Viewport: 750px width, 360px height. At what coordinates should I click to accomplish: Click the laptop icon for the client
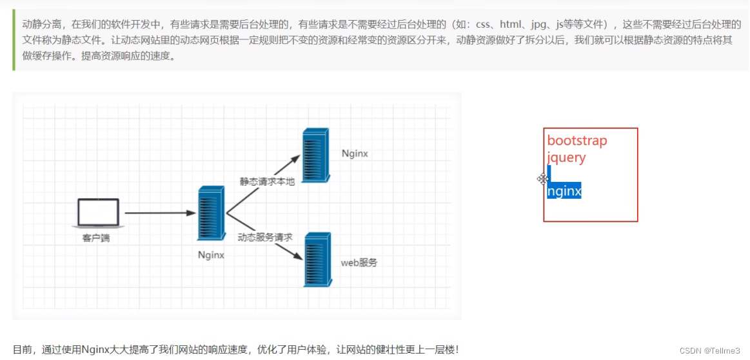[98, 213]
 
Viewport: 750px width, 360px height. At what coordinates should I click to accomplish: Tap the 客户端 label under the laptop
[96, 238]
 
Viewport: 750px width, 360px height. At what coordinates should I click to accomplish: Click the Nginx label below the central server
[211, 255]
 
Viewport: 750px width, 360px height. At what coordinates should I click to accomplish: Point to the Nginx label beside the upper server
[355, 154]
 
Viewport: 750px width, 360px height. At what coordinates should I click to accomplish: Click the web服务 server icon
[318, 259]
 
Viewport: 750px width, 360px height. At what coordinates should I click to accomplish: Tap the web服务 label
[359, 263]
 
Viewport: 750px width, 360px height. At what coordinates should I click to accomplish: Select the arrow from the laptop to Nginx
[160, 212]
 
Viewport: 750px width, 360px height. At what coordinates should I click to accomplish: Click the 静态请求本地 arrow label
[267, 181]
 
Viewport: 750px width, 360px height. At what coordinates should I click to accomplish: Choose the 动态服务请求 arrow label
[265, 237]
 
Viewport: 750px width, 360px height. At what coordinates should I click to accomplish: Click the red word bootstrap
[577, 141]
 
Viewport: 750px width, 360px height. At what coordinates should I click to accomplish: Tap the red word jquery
[566, 157]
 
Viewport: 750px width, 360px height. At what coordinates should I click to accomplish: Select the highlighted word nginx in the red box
[564, 191]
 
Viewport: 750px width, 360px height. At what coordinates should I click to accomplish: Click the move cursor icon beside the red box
[543, 179]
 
